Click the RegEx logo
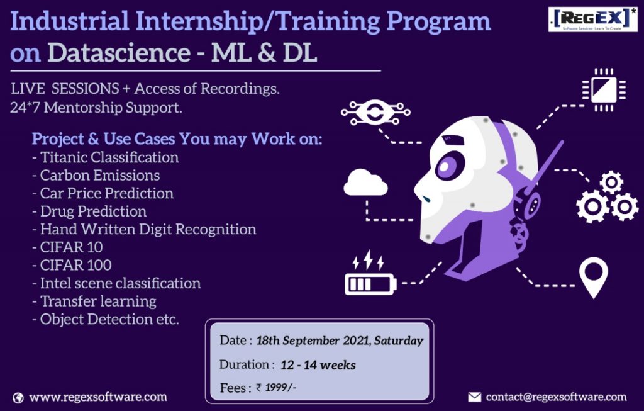[x=592, y=19]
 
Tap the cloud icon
[x=365, y=183]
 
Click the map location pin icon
[x=594, y=276]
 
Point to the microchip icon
[x=604, y=90]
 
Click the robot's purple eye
[x=448, y=166]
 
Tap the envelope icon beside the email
[x=474, y=397]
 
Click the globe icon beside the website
[x=18, y=398]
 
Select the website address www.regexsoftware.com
[x=98, y=397]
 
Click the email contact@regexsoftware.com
[x=556, y=397]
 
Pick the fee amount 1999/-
[x=280, y=387]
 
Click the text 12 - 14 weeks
[x=318, y=365]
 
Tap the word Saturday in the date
[x=398, y=341]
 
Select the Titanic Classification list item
[x=105, y=157]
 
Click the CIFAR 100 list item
[x=72, y=265]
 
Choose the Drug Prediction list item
[x=89, y=211]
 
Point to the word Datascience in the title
[x=119, y=53]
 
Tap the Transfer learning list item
[x=94, y=301]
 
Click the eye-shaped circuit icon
[x=375, y=112]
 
